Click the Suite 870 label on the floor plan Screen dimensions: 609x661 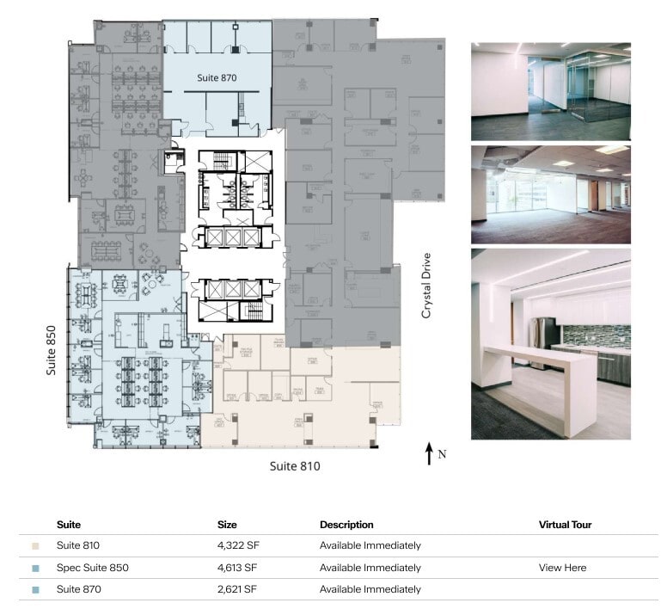(x=216, y=77)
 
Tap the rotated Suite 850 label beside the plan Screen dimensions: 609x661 (x=52, y=350)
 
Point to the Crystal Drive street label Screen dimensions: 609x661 (x=425, y=286)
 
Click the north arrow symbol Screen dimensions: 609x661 (x=429, y=453)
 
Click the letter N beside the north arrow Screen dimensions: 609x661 (x=442, y=454)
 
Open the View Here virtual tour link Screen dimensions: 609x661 (x=563, y=568)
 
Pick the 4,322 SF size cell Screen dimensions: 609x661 (x=237, y=545)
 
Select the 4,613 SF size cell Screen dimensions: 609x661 (x=237, y=568)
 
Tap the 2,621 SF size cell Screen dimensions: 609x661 (x=237, y=589)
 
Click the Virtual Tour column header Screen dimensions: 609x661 (x=565, y=524)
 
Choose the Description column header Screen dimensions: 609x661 (x=346, y=524)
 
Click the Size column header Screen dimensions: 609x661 (x=227, y=524)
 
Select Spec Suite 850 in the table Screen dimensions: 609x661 (x=93, y=568)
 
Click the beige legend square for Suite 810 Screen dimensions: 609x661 (x=35, y=546)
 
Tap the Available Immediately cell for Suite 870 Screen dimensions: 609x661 (x=370, y=589)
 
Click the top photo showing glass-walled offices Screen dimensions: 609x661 (x=550, y=91)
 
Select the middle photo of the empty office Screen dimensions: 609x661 (x=550, y=194)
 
